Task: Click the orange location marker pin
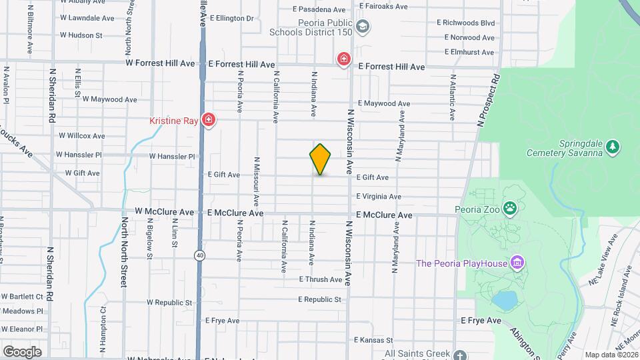tap(320, 159)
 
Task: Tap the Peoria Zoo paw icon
tap(511, 208)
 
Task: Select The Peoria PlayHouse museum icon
tap(516, 263)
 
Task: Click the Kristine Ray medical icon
tap(209, 120)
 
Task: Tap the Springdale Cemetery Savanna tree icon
tap(613, 146)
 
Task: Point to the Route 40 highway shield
tap(200, 255)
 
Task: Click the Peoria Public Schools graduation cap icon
tap(363, 27)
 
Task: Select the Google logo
tap(21, 351)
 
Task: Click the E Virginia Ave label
tap(379, 197)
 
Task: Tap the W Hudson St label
tap(81, 35)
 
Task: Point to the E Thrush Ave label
tap(321, 279)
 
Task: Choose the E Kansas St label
tap(373, 340)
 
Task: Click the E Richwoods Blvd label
tap(466, 22)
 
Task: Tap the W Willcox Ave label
tap(82, 135)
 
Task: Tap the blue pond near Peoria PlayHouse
tap(505, 301)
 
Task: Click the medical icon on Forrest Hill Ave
tap(344, 60)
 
